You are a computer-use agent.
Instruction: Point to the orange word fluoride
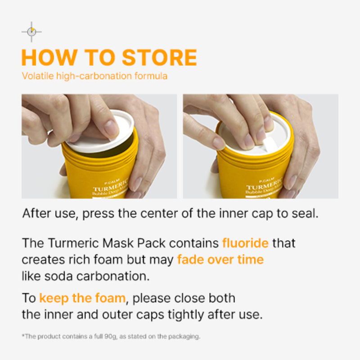click(245, 243)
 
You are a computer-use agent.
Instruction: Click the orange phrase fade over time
click(220, 260)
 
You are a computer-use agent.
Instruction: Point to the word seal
click(306, 213)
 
